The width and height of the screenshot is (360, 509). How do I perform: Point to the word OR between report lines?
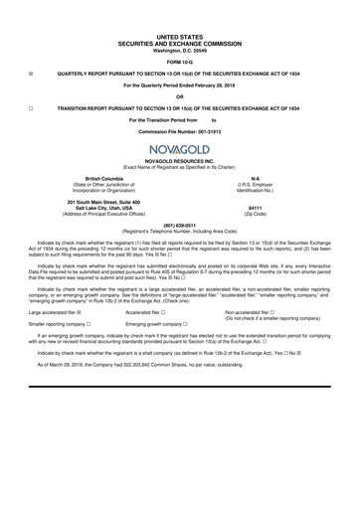pyautogui.click(x=179, y=95)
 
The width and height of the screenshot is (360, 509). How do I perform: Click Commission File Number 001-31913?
pyautogui.click(x=179, y=132)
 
